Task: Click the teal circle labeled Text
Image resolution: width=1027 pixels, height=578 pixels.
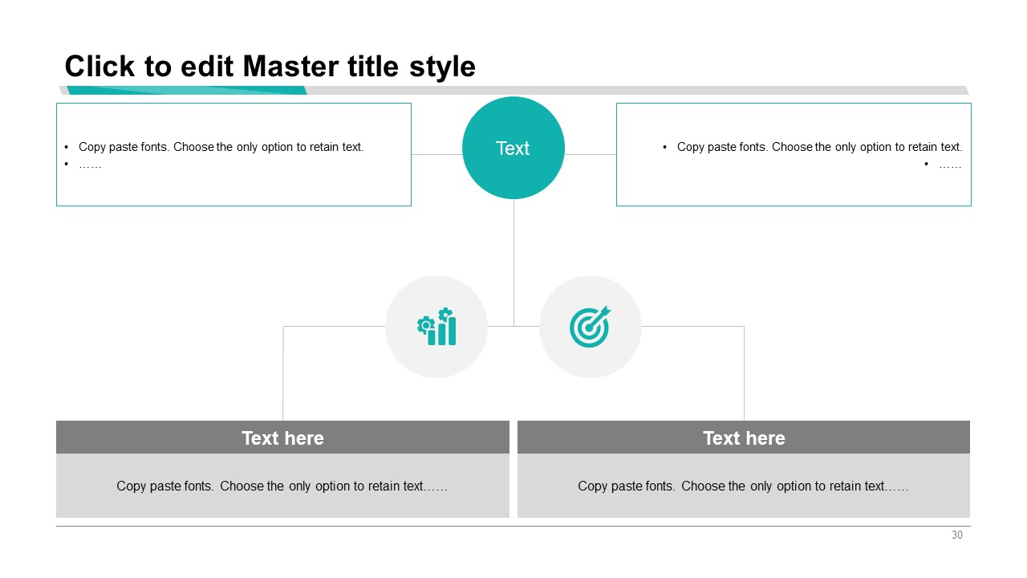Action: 513,148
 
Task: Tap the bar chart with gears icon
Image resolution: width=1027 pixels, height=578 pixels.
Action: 436,327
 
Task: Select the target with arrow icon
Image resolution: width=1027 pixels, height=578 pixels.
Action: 590,327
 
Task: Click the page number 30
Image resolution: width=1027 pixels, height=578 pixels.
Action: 957,535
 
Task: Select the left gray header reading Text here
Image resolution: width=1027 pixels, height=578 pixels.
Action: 282,438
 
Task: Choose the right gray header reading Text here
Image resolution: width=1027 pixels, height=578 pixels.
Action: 744,438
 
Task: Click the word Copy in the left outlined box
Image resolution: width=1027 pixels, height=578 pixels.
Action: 92,147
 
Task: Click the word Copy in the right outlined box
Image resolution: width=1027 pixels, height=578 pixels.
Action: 691,147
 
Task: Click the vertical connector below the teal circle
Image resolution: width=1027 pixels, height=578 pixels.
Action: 513,263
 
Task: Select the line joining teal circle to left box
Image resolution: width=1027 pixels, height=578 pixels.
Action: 437,155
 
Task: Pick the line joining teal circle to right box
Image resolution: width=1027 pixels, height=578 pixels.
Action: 591,155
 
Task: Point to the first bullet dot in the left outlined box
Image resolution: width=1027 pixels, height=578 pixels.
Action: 67,147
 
